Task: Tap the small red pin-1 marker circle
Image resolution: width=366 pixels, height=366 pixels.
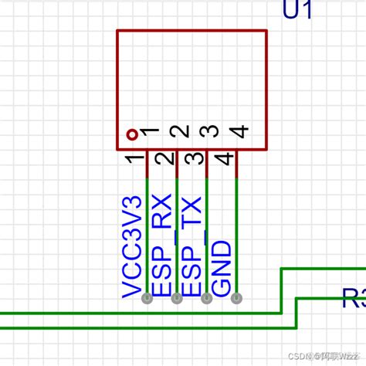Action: point(132,134)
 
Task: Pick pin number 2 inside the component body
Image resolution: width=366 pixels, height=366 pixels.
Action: point(178,133)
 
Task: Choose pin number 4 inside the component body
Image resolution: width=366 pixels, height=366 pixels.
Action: point(238,133)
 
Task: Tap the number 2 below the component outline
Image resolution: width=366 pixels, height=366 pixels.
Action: point(164,161)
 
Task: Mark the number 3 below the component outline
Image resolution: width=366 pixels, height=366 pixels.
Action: point(194,161)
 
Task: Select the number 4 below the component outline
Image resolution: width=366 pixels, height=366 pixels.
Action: point(223,161)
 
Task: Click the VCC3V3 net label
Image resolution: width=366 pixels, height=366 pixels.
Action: point(133,246)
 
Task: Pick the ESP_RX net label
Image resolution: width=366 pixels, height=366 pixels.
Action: point(162,246)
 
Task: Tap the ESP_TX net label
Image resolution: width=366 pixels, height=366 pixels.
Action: point(191,246)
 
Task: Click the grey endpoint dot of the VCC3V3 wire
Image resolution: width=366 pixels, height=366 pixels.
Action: point(147,298)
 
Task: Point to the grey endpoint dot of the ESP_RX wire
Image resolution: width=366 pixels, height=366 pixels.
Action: point(177,298)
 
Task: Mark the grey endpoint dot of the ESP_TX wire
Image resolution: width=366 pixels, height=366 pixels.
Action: point(206,298)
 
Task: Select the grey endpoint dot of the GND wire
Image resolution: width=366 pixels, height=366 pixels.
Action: point(236,298)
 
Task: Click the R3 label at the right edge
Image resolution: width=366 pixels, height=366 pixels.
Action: point(353,298)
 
